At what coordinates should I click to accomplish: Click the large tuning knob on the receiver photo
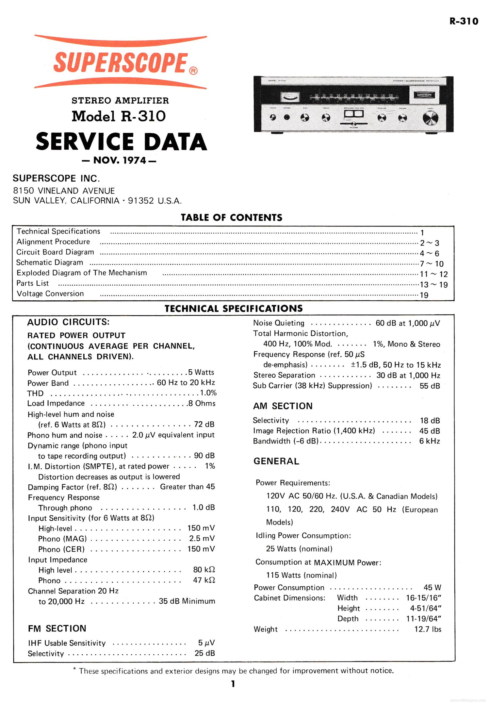[430, 118]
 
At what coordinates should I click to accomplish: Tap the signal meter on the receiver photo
[290, 97]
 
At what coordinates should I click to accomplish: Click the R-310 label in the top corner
[464, 22]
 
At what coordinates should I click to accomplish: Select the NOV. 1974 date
[119, 160]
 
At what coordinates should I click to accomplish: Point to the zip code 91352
[141, 201]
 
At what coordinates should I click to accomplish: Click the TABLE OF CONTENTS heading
[232, 218]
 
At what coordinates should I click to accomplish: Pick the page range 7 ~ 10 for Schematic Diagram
[432, 264]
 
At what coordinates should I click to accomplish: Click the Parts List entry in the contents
[33, 283]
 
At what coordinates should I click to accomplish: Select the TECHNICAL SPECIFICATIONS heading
[234, 309]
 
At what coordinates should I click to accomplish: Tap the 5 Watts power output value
[201, 372]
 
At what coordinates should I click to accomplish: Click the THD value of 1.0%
[208, 393]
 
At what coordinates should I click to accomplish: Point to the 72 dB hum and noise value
[204, 424]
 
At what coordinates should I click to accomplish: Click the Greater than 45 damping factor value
[187, 487]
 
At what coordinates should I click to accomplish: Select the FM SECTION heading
[57, 629]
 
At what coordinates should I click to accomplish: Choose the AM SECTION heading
[283, 406]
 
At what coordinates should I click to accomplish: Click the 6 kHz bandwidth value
[430, 441]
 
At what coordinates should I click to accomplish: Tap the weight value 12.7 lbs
[428, 629]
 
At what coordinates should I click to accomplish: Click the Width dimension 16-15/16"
[424, 598]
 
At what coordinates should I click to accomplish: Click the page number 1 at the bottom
[233, 684]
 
